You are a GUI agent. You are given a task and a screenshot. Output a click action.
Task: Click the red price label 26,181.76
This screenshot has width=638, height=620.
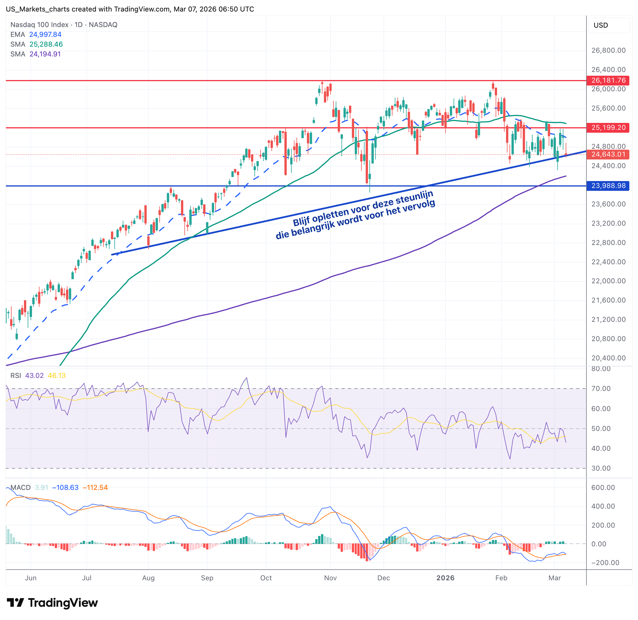pyautogui.click(x=608, y=80)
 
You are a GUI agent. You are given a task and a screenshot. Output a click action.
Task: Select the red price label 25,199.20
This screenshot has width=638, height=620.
pyautogui.click(x=608, y=127)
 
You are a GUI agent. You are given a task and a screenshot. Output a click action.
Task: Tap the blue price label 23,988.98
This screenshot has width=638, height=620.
pyautogui.click(x=608, y=186)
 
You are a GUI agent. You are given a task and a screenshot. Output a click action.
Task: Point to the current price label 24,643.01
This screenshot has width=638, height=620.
pyautogui.click(x=608, y=154)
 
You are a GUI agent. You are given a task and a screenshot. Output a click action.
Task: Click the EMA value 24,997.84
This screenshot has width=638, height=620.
pyautogui.click(x=45, y=35)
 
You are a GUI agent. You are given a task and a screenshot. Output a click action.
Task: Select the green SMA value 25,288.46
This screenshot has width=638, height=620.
pyautogui.click(x=46, y=44)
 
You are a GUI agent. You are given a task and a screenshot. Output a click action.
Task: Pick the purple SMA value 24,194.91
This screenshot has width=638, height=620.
pyautogui.click(x=45, y=54)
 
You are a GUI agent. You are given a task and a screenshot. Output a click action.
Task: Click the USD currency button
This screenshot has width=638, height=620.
pyautogui.click(x=601, y=25)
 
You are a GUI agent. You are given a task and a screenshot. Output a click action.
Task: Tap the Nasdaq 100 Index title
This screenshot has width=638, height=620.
pyautogui.click(x=39, y=25)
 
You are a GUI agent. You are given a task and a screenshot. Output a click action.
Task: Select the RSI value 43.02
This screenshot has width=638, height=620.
pyautogui.click(x=34, y=375)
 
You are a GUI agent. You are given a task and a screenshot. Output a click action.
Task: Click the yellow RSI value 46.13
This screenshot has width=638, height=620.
pyautogui.click(x=57, y=375)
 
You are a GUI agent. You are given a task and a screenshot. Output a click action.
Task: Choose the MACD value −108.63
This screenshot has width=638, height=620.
pyautogui.click(x=65, y=488)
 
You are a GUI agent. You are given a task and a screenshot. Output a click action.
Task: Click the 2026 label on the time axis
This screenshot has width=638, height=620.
pyautogui.click(x=445, y=578)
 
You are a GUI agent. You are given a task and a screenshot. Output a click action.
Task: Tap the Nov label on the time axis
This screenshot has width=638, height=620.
pyautogui.click(x=330, y=578)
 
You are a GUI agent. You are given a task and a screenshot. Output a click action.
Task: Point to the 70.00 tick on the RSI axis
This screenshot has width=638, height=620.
pyautogui.click(x=601, y=389)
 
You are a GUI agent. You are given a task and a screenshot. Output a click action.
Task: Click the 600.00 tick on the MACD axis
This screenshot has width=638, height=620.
pyautogui.click(x=603, y=488)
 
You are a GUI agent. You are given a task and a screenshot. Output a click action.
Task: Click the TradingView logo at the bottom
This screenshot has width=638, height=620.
pyautogui.click(x=52, y=603)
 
